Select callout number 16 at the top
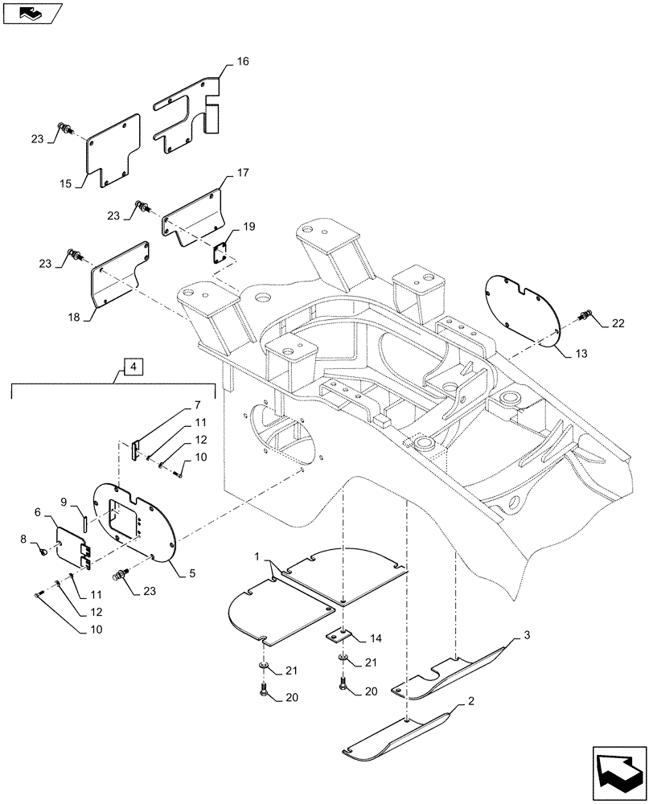(243, 61)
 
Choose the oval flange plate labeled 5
(133, 526)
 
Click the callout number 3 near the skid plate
(526, 636)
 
